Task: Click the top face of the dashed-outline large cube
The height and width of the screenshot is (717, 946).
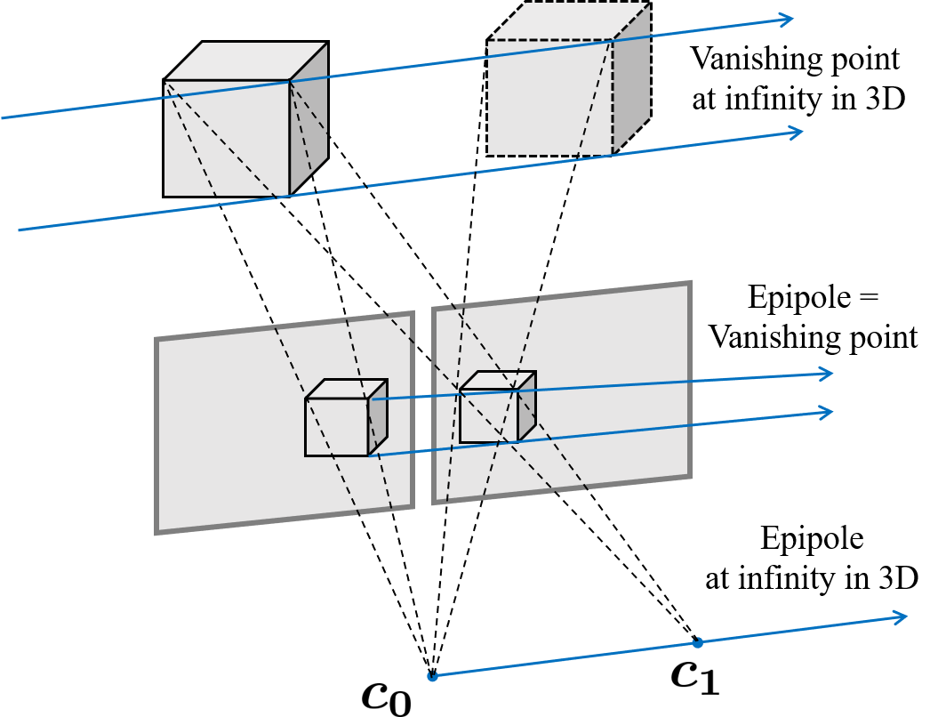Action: [569, 20]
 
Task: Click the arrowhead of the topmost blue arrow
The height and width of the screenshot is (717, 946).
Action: [788, 19]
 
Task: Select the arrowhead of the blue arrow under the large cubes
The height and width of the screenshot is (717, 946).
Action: [798, 133]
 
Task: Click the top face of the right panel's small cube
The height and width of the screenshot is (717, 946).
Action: [498, 380]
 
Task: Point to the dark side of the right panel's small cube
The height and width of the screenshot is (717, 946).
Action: [527, 407]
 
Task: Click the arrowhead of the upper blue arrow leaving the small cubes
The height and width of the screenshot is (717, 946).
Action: [828, 374]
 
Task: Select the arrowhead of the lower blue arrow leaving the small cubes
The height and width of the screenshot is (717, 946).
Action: [828, 413]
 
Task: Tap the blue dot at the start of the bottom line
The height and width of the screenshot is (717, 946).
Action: [433, 676]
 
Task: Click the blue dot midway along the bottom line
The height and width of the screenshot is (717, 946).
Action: [698, 642]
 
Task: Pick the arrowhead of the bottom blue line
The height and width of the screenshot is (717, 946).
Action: [902, 616]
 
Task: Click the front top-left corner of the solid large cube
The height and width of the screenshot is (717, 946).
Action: [165, 82]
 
